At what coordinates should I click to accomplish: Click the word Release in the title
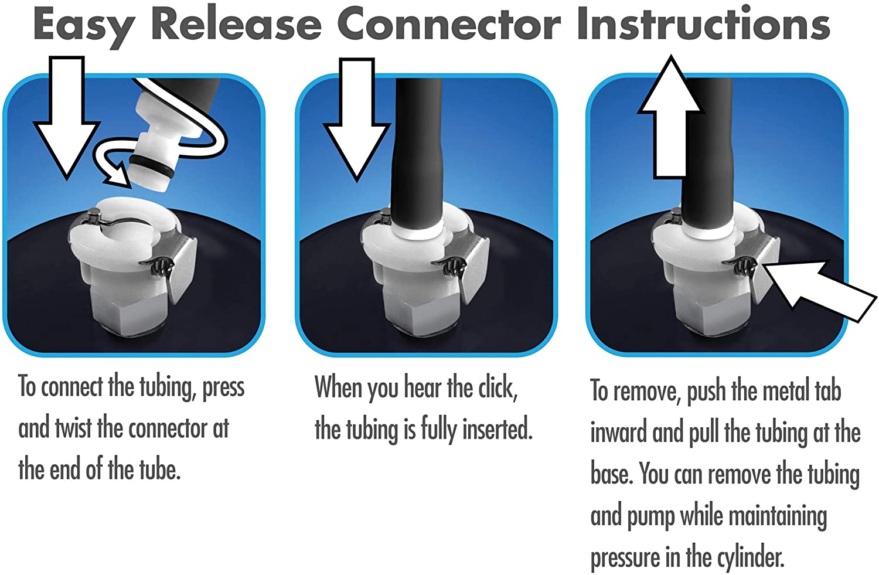(236, 25)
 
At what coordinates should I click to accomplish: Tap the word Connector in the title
(449, 25)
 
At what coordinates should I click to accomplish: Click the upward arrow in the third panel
(670, 118)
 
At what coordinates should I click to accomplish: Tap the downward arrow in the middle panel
(356, 118)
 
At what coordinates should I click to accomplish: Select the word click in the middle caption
(498, 388)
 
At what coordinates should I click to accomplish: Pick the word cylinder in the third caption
(749, 557)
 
